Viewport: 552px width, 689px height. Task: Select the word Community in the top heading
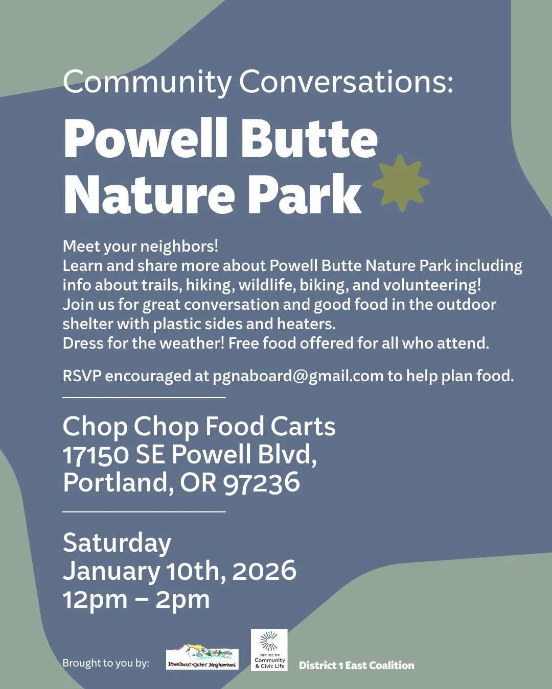coord(147,82)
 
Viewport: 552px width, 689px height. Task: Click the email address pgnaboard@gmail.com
coord(298,376)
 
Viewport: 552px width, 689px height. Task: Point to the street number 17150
coord(96,455)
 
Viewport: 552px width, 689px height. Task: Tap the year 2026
coord(264,571)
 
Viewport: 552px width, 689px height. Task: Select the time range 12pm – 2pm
coord(136,599)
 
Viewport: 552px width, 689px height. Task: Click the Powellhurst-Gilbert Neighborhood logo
coord(202,657)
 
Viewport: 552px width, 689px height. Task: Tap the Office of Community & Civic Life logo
coord(269,650)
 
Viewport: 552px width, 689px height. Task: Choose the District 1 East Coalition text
coord(356,666)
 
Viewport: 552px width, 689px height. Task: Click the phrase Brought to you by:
coord(106,663)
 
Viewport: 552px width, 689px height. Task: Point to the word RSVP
coord(82,376)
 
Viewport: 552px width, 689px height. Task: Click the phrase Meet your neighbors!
coord(141,246)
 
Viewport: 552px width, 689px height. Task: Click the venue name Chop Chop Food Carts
coord(199,426)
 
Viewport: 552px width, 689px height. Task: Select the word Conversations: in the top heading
coord(346,82)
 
